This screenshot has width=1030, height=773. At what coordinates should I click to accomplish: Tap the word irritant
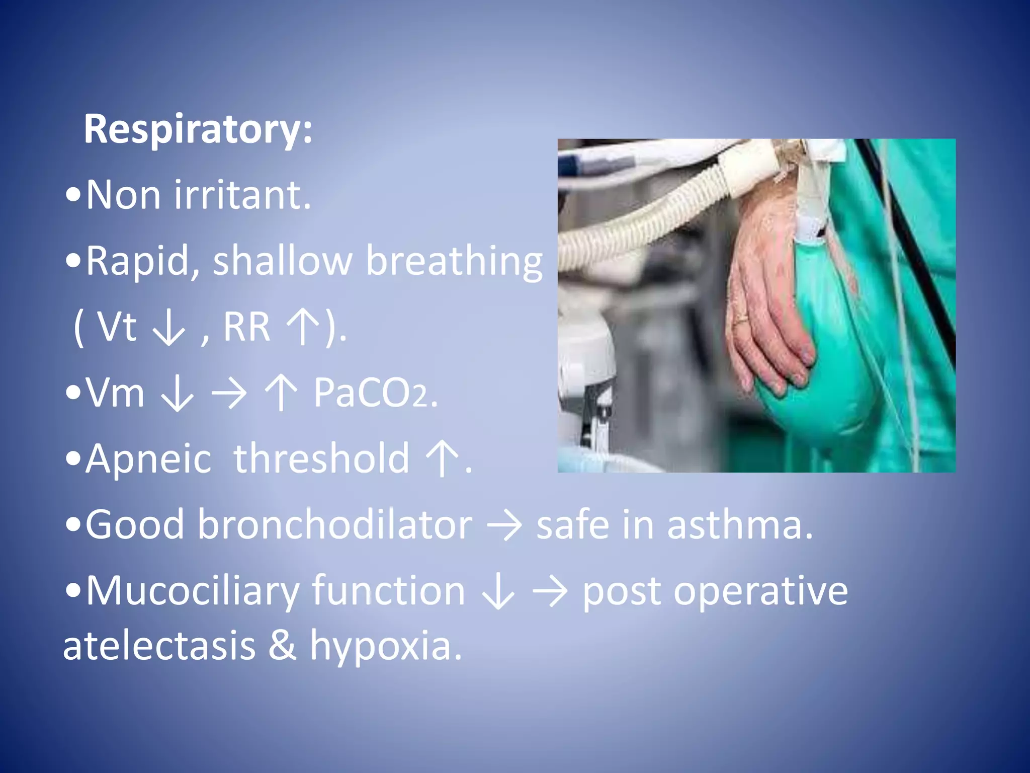click(x=242, y=195)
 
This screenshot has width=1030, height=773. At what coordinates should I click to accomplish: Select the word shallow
click(x=282, y=261)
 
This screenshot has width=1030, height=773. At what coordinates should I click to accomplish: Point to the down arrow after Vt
click(x=169, y=328)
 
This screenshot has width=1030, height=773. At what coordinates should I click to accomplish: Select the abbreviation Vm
click(x=115, y=393)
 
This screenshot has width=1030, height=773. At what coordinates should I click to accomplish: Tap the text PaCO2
click(x=375, y=393)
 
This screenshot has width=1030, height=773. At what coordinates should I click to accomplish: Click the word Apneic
click(x=148, y=458)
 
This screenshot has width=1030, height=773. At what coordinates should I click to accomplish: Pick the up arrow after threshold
click(x=442, y=458)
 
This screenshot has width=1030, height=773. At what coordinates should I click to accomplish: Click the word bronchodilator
click(x=334, y=524)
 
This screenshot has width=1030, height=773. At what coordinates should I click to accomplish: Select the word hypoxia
click(x=385, y=647)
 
